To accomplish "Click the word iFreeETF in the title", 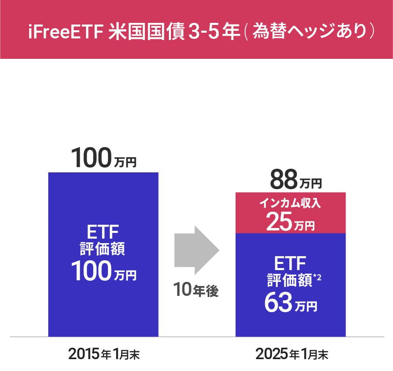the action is (66, 31).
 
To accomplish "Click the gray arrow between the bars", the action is (197, 250).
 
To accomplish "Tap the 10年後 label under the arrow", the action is (196, 290).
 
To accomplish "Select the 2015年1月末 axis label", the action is (104, 354).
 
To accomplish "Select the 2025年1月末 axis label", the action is (292, 354).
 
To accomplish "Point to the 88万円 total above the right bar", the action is (296, 179).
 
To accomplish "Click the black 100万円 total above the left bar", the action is (104, 158).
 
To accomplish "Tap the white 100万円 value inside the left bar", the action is (104, 271).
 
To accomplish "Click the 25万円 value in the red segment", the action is (290, 221).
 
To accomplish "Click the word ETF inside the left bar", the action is (103, 232).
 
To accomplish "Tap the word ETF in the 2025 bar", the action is (290, 264).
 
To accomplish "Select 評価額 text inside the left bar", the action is (103, 249).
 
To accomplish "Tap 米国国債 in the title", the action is (147, 31).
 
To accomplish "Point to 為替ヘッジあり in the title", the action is (310, 31).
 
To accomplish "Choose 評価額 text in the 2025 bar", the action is (290, 280).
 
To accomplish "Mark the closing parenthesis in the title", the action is (372, 31).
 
